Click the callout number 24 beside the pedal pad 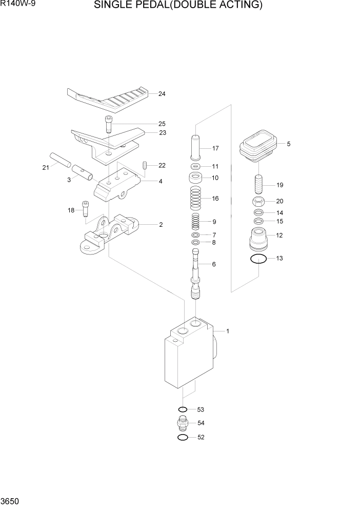[162, 94]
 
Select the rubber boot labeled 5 [258, 145]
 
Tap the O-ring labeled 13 [258, 259]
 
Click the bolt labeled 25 [109, 125]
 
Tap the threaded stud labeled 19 [259, 183]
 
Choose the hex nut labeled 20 [259, 201]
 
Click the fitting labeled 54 [182, 423]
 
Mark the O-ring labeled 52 [182, 438]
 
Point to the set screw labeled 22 [145, 165]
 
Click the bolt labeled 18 [86, 209]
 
